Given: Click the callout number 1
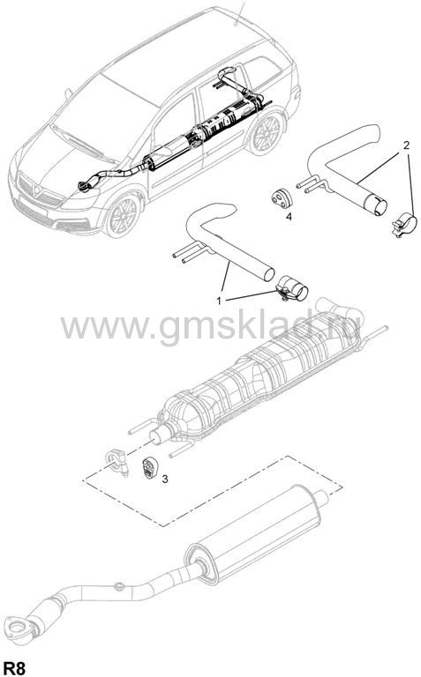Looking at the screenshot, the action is pos(219,300).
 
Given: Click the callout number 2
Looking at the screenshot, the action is pos(406,145).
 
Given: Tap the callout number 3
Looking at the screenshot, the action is pos(165,479).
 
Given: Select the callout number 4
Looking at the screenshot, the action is pos(289,217).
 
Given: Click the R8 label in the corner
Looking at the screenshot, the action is pos(14,667).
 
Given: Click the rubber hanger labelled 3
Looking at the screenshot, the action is pos(149,467).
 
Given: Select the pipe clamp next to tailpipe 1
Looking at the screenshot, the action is pos(291,288).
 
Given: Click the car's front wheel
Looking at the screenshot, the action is pos(123,215).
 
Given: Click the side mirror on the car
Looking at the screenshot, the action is pos(68,93).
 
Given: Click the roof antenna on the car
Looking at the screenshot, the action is pos(239,13).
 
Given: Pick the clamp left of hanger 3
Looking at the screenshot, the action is pos(117,462).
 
